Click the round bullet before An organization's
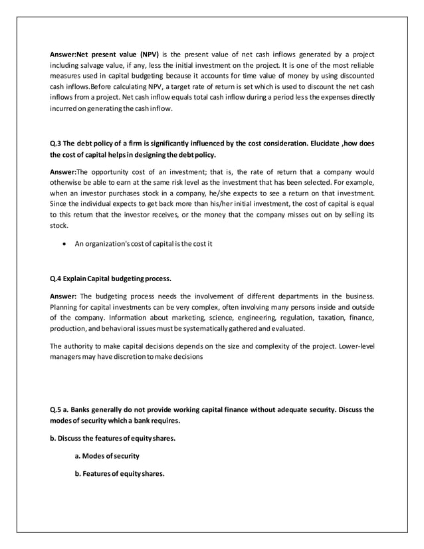(x=64, y=243)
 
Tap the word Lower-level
(x=355, y=346)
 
